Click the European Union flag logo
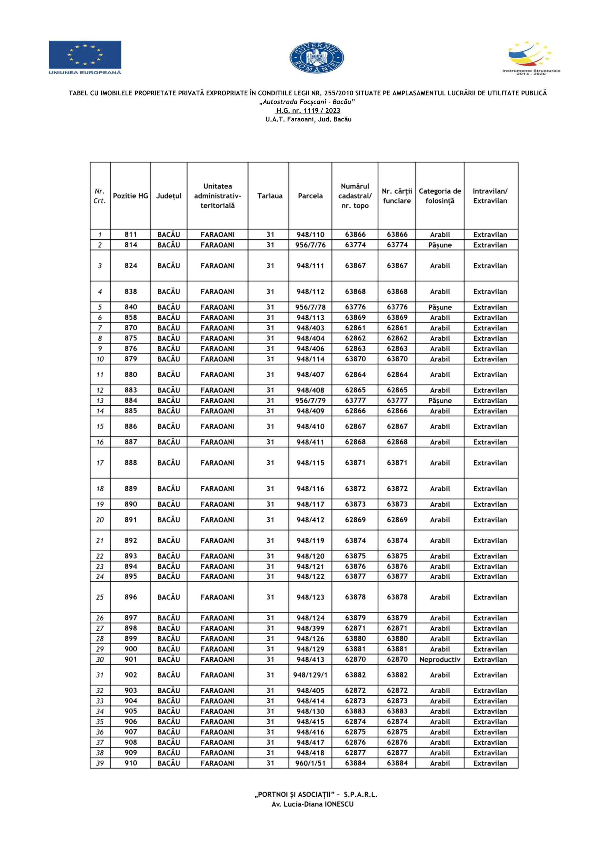coord(85,57)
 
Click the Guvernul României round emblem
coord(316,58)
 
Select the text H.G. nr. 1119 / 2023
coord(308,111)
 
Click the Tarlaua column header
coord(270,196)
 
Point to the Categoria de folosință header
coord(439,196)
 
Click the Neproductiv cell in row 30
coord(439,659)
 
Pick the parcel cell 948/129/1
coord(310,675)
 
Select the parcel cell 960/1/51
coord(310,763)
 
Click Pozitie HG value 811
coord(131,235)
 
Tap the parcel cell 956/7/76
coord(310,245)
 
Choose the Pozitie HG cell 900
coord(131,649)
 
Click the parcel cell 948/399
coord(310,628)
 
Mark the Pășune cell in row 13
coord(439,401)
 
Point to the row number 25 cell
coord(100,597)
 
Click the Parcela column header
coord(310,196)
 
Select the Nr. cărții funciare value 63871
coord(397,463)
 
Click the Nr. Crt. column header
coord(100,196)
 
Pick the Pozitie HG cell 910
coord(131,763)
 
